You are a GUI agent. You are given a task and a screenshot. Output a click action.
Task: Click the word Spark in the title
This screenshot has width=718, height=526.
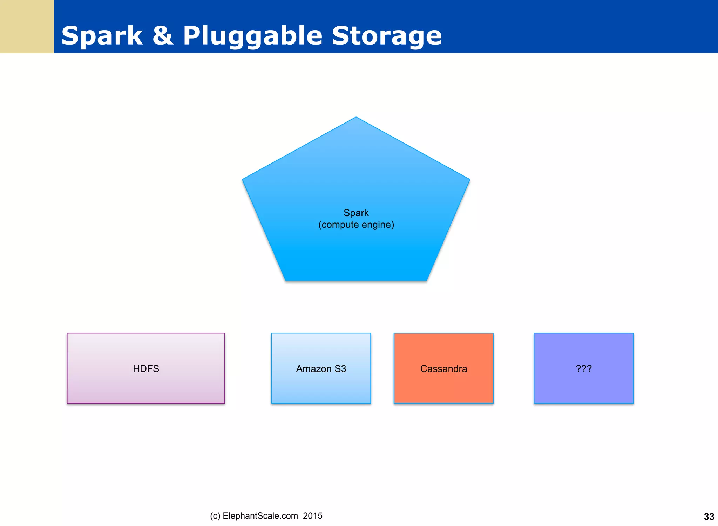(x=102, y=36)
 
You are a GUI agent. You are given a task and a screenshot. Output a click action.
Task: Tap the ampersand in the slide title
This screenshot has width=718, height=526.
(x=163, y=36)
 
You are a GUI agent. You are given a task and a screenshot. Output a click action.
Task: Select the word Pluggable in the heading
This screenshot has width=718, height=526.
(x=252, y=36)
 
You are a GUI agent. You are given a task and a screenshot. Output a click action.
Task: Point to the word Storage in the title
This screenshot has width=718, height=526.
(x=386, y=36)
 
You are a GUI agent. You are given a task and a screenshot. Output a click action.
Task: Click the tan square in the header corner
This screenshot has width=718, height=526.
(x=27, y=27)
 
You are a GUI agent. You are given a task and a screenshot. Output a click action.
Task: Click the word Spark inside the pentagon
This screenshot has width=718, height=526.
(x=356, y=213)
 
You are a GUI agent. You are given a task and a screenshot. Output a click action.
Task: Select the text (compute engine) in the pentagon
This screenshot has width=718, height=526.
(x=356, y=225)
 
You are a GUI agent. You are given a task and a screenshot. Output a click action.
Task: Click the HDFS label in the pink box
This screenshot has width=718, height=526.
(x=146, y=368)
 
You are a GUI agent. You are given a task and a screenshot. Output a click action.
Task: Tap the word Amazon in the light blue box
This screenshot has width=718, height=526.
(x=313, y=368)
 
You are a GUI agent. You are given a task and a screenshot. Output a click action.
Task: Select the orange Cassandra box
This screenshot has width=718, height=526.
(x=443, y=386)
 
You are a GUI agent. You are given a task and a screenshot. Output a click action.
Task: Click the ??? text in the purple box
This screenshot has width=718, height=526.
(x=583, y=368)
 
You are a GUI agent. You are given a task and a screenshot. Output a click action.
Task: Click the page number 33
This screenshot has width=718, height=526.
(x=709, y=517)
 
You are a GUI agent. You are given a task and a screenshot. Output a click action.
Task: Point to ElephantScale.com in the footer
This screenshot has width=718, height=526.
(x=260, y=516)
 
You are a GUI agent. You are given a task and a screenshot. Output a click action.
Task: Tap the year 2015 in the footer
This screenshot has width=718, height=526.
(x=312, y=516)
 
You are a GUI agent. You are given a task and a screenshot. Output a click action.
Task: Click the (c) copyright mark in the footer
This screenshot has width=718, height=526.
(x=215, y=516)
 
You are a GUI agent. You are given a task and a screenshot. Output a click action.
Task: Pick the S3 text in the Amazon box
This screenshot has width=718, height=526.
(x=340, y=368)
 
